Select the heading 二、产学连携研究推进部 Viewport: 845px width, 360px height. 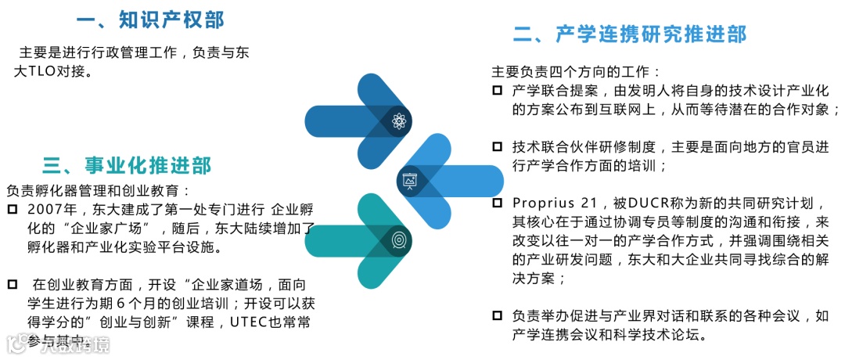[x=630, y=34]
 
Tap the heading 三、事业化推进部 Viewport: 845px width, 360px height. [x=127, y=165]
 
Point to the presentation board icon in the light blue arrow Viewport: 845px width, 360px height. [x=409, y=180]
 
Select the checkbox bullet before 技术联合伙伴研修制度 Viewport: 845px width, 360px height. [x=497, y=146]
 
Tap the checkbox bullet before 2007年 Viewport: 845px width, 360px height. [x=12, y=210]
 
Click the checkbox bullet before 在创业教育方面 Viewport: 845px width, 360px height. [x=12, y=284]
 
